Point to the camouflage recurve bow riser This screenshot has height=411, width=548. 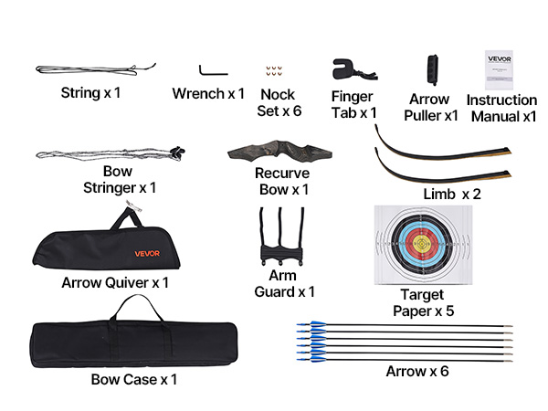pos(275,150)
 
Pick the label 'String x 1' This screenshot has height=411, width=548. pos(90,92)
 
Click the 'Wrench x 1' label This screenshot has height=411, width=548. pos(209,93)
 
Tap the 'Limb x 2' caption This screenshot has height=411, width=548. pos(451,195)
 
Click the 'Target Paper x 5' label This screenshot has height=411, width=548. pos(422,301)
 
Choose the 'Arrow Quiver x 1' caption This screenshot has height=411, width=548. pos(115,283)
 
